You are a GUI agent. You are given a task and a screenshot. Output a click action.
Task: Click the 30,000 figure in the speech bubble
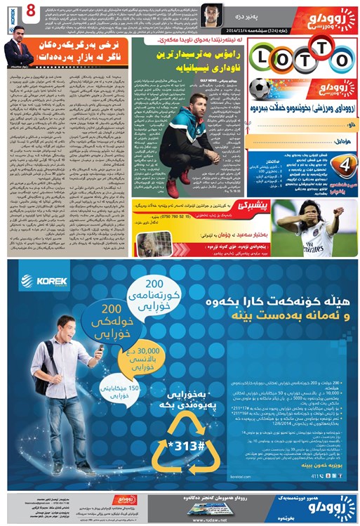pos(140,350)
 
